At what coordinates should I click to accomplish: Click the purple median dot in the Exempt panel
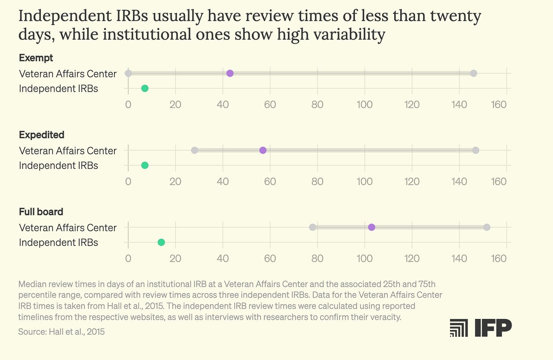pos(230,73)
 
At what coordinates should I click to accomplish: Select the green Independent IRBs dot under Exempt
pos(145,89)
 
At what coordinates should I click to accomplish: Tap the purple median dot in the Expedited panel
pos(263,150)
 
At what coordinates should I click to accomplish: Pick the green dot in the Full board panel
pos(161,242)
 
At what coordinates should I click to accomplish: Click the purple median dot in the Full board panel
pos(371,227)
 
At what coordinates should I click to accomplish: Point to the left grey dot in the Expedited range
pos(194,150)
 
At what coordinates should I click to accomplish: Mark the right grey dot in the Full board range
pos(487,227)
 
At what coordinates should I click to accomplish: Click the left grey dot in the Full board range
pos(313,227)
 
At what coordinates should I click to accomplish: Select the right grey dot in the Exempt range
pos(473,73)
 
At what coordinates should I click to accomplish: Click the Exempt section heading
pos(36,58)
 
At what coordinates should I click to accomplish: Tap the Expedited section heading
pos(42,135)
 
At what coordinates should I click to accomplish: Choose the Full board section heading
pos(41,212)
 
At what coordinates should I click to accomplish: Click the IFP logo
pos(480,328)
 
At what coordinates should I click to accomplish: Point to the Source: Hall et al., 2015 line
pos(62,331)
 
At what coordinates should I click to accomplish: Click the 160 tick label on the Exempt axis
pos(499,105)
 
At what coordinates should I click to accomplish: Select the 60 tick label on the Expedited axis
pos(270,181)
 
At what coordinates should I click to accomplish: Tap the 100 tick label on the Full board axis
pos(365,259)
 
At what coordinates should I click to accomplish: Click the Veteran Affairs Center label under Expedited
pos(68,151)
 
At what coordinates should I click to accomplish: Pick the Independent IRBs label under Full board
pos(58,242)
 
